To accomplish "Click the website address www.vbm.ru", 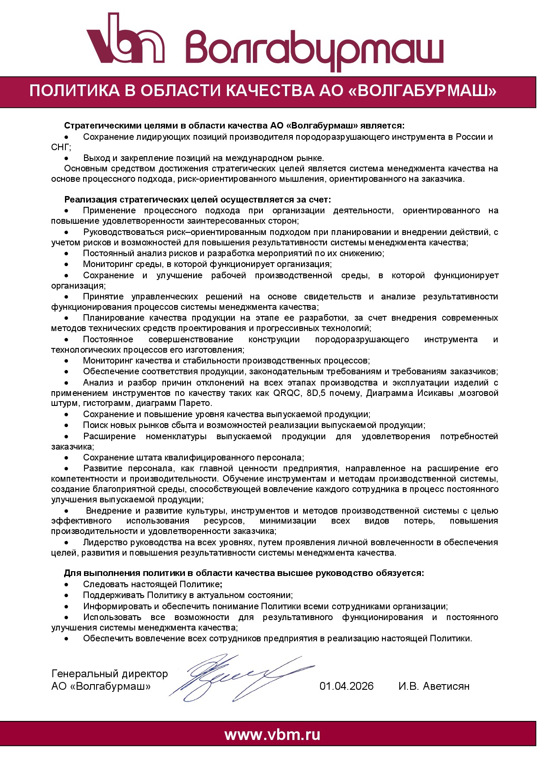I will click(272, 735).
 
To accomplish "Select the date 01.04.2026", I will click(346, 686).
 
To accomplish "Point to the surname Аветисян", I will click(446, 686).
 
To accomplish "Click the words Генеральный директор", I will click(110, 674).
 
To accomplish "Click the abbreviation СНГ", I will click(60, 147).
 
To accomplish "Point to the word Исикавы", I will click(435, 393).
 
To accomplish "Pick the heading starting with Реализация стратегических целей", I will click(197, 199).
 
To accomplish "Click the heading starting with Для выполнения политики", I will click(244, 573).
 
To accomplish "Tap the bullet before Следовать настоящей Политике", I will click(66, 585).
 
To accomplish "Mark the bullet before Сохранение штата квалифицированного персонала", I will click(66, 458).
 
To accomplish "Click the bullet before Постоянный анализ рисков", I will click(66, 254).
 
